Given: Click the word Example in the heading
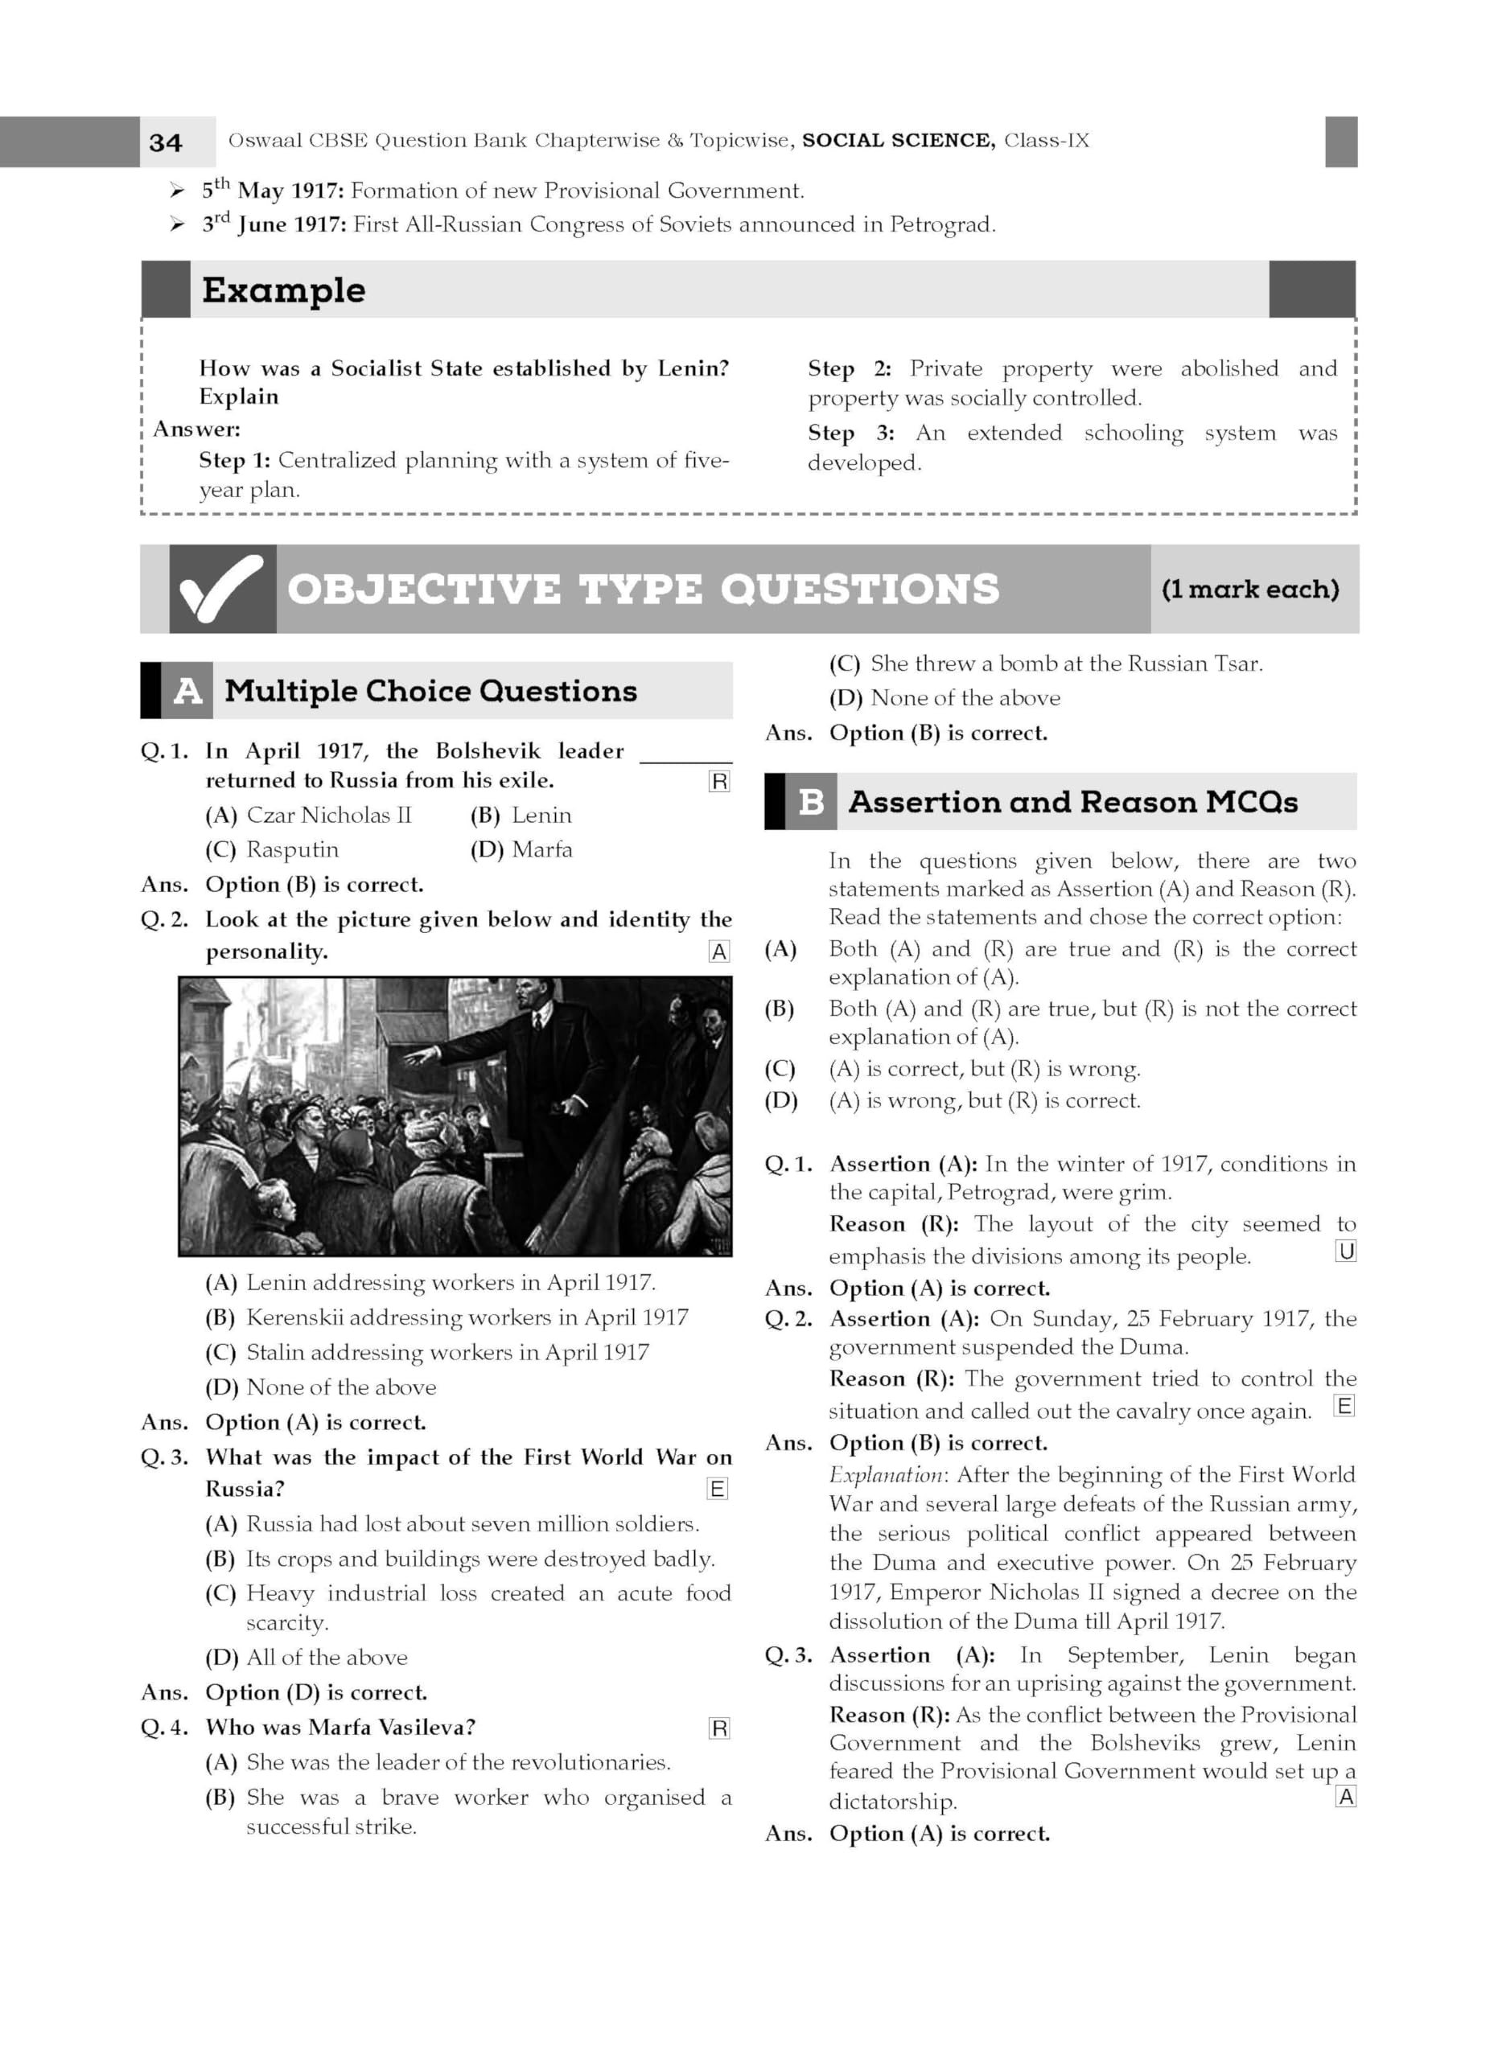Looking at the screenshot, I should [x=283, y=290].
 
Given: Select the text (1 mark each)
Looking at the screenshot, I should [x=1250, y=590].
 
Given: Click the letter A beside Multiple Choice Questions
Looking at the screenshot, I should [x=187, y=691].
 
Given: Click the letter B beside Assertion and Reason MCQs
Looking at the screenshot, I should [x=810, y=802].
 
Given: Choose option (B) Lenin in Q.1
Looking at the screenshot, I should [x=521, y=816].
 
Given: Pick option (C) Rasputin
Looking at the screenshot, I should [x=273, y=850].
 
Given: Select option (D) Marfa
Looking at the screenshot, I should [x=521, y=850].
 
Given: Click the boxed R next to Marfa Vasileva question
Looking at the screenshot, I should [x=718, y=1728].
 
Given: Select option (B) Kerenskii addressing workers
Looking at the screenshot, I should [x=447, y=1317].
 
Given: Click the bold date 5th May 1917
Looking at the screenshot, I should [x=273, y=191].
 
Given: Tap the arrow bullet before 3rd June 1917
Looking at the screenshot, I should [x=177, y=224].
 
